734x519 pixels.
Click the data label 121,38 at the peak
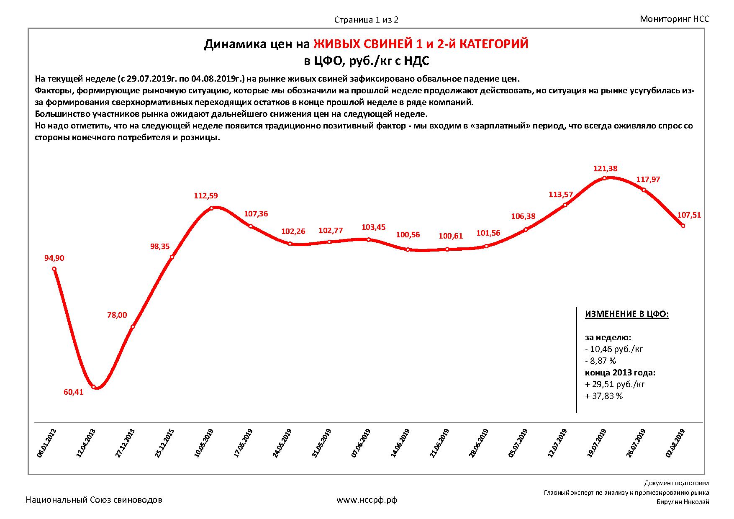[606, 169]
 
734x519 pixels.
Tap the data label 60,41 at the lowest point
[73, 392]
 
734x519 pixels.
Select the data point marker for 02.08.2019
[683, 226]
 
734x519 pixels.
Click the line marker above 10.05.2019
[211, 208]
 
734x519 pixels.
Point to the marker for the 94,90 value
[54, 269]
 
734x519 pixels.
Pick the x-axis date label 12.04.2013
[86, 443]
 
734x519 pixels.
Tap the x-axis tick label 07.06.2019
[361, 443]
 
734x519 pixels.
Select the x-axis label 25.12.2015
[164, 443]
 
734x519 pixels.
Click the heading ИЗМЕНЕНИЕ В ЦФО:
[627, 314]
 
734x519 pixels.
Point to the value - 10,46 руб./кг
[614, 349]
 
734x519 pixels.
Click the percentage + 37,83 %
[604, 396]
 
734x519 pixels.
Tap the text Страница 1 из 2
[366, 20]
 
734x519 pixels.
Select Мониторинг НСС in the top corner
[675, 19]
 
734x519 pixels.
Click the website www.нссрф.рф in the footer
[367, 500]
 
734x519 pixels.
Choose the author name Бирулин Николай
[683, 502]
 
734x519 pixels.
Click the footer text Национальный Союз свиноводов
[94, 500]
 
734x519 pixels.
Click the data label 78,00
[117, 315]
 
